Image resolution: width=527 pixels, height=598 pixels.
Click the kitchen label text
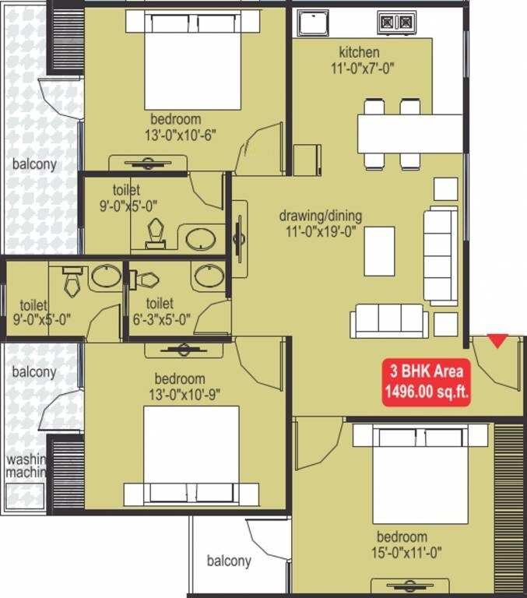(359, 52)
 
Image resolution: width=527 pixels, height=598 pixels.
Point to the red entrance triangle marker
(497, 340)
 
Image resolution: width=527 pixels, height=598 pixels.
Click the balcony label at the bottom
(229, 561)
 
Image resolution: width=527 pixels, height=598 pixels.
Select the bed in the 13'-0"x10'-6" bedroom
(191, 62)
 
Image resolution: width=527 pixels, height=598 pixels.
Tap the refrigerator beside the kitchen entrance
(307, 160)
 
